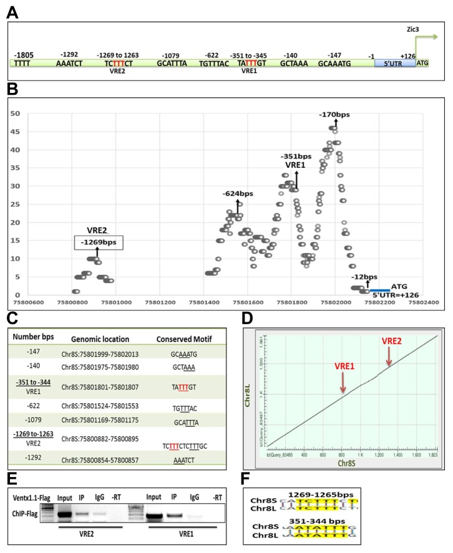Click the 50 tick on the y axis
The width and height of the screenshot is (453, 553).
tap(16, 113)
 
